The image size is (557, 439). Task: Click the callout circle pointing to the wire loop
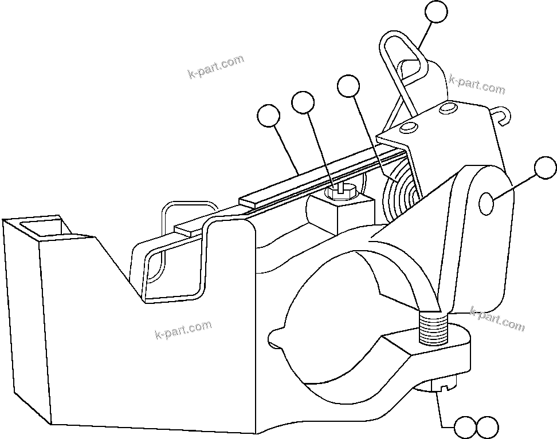click(437, 13)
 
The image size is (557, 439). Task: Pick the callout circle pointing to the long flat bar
click(268, 116)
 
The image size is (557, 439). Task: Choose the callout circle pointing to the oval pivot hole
click(545, 169)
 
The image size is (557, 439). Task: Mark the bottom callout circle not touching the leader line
click(487, 427)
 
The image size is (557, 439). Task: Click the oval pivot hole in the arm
click(485, 204)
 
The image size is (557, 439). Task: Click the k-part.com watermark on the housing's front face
click(183, 329)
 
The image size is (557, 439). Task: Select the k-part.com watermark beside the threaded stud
click(496, 320)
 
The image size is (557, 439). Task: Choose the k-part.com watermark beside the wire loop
click(477, 85)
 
